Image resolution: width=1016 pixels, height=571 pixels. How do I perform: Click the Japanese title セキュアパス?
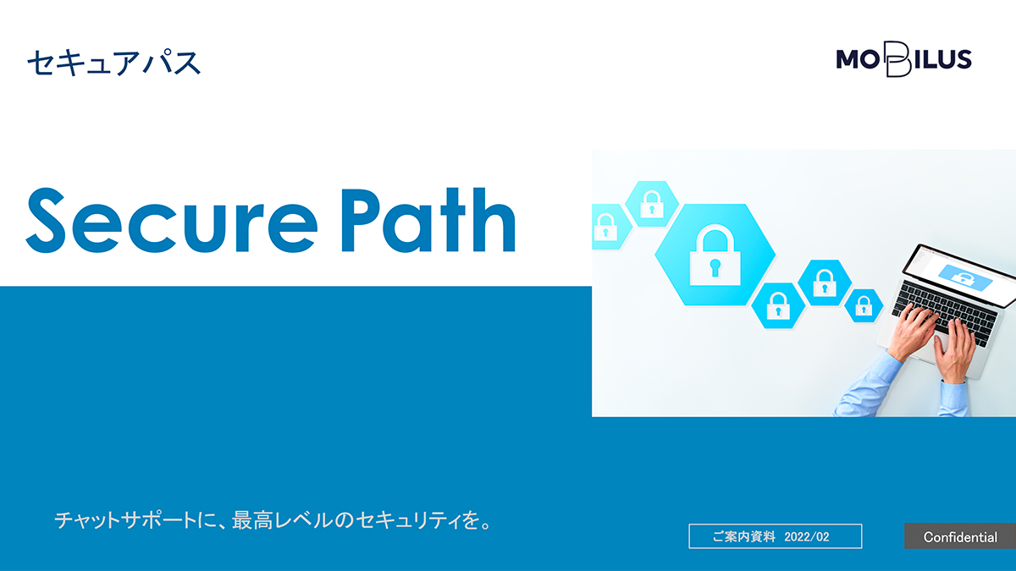click(113, 63)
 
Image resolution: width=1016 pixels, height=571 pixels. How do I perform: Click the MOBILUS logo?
click(903, 60)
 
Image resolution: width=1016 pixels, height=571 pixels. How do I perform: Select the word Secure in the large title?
click(171, 220)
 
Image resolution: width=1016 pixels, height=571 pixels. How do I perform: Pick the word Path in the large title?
click(428, 220)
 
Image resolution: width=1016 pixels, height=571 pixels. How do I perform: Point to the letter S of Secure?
click(46, 220)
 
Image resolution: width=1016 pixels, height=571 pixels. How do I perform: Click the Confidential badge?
click(960, 536)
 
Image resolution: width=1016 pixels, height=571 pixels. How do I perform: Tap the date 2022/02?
click(806, 537)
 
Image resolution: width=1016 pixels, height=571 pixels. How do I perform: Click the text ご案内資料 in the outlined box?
click(744, 537)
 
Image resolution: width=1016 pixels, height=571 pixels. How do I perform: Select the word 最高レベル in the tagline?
click(282, 520)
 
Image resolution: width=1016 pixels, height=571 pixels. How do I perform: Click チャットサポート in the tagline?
click(125, 520)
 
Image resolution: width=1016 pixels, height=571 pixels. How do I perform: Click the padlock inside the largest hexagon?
click(715, 255)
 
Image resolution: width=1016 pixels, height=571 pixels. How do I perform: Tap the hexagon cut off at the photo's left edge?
click(610, 227)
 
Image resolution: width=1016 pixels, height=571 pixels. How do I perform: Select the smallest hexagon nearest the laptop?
click(864, 306)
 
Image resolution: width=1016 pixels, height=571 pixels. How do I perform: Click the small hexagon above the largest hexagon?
click(652, 204)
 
